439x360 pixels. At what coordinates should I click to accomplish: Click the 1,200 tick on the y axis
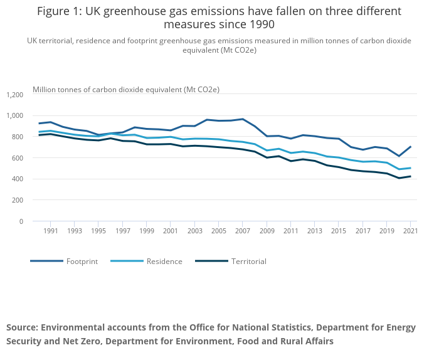14,95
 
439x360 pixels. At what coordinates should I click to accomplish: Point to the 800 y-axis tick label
17,137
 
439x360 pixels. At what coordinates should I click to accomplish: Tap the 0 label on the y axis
21,221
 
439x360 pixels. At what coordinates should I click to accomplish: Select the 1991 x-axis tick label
51,231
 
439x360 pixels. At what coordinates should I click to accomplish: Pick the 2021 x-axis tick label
410,231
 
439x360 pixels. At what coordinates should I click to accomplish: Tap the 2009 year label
267,231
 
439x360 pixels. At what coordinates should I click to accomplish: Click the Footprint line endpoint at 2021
410,147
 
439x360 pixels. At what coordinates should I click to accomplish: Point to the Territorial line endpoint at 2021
410,176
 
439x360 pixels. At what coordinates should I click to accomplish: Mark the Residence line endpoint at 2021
410,168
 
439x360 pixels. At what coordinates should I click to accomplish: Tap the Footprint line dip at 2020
398,156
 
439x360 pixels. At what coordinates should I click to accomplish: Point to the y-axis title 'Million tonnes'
56,90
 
